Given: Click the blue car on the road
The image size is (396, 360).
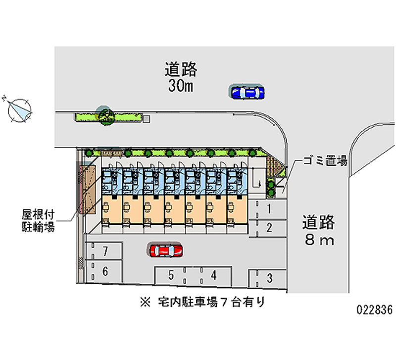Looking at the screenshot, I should click(247, 92).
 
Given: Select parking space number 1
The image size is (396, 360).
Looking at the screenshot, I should click(269, 209).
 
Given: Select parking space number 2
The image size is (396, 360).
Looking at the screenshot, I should click(269, 228).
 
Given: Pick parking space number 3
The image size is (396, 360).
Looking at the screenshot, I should click(269, 278).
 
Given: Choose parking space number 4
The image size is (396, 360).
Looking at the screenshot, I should click(214, 275).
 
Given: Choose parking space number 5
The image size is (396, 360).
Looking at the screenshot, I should click(171, 275).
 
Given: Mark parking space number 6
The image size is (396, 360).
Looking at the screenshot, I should click(105, 271).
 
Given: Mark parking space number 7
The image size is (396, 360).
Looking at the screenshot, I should click(105, 251).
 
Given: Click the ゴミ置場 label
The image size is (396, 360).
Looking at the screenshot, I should click(325, 161).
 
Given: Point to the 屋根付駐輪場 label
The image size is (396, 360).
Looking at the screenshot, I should click(37, 221).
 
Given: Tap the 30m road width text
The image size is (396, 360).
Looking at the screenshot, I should click(181, 86).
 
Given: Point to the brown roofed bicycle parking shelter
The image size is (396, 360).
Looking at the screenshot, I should click(88, 187).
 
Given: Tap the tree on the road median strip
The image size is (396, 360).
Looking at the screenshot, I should click(105, 116).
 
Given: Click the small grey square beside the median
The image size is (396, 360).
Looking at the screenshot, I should click(147, 118).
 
